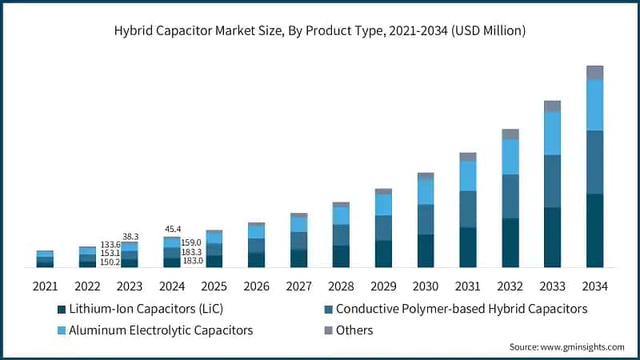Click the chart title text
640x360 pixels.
pyautogui.click(x=320, y=30)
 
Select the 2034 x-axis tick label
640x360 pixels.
pyautogui.click(x=594, y=286)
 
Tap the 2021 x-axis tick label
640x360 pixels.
pyautogui.click(x=46, y=286)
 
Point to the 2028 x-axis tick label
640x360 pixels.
pyautogui.click(x=341, y=286)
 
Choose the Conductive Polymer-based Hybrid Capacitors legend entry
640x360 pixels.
pyautogui.click(x=455, y=309)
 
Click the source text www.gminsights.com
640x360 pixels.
pyautogui.click(x=566, y=347)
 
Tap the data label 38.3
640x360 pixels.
pyautogui.click(x=131, y=237)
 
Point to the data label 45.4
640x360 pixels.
pyautogui.click(x=173, y=230)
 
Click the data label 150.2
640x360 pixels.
pyautogui.click(x=110, y=262)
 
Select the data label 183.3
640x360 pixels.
pyautogui.click(x=192, y=252)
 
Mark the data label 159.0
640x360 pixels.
pyautogui.click(x=192, y=242)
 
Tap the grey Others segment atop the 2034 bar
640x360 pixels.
pyautogui.click(x=594, y=73)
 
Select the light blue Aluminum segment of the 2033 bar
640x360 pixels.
pyautogui.click(x=552, y=134)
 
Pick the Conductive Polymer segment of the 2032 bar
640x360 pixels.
pyautogui.click(x=510, y=196)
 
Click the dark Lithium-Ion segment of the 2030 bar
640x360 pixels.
pyautogui.click(x=426, y=250)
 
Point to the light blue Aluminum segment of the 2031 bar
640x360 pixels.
pyautogui.click(x=468, y=176)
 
